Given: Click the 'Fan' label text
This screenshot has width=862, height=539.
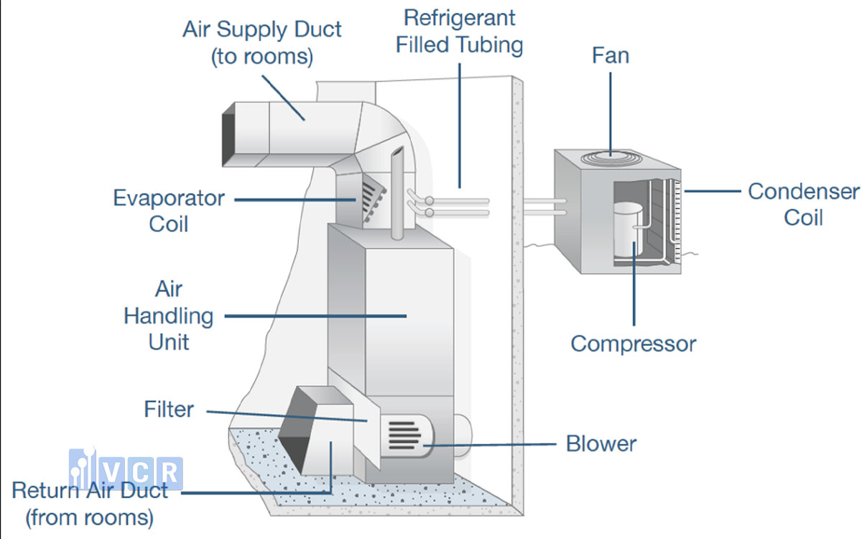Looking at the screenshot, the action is tap(611, 55).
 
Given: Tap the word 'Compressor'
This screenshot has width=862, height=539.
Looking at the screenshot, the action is tap(634, 344).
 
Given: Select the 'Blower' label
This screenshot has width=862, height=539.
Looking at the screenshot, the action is tap(601, 443).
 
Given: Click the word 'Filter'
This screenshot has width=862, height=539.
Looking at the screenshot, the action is tap(169, 409).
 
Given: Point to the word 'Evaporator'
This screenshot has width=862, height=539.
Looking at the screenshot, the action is tap(169, 198).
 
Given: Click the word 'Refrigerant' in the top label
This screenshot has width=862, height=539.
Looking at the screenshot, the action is tap(460, 18).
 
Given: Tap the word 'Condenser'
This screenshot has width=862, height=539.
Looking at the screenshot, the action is tap(804, 191).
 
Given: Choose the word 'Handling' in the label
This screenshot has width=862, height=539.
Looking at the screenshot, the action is tap(169, 316).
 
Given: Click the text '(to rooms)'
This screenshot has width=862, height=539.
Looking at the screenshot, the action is tap(262, 57).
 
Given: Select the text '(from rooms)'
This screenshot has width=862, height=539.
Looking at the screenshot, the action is tap(90, 517).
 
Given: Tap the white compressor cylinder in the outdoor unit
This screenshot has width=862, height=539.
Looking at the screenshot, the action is tap(628, 230).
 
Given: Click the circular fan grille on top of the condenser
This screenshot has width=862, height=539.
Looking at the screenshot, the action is tap(611, 158).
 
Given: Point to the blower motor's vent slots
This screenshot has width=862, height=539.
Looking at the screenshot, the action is tap(404, 436).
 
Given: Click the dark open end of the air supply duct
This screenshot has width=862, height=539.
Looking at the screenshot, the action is tap(228, 135).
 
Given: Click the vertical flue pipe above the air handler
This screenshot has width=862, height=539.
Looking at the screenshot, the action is tap(397, 193).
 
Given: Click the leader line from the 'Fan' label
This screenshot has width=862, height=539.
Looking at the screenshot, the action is tap(611, 114).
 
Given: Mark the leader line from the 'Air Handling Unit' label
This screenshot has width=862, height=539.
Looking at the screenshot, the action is tap(315, 316).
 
